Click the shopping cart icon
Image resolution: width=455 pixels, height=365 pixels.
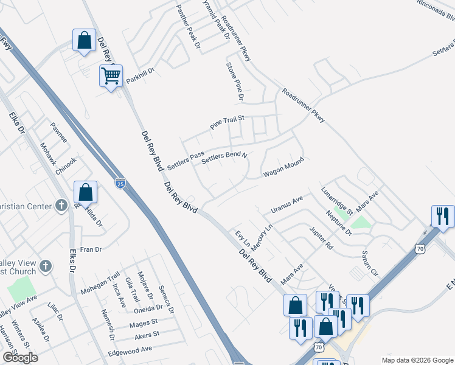(x=111, y=77)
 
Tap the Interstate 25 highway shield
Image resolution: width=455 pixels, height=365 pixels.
(x=120, y=182)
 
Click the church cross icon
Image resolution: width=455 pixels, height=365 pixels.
(x=61, y=206)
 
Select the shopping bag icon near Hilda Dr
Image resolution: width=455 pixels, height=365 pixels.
(x=86, y=192)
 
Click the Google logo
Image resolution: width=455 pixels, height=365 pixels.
(x=20, y=358)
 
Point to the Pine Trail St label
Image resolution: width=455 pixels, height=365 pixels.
(x=227, y=122)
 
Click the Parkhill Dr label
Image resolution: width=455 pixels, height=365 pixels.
(x=141, y=76)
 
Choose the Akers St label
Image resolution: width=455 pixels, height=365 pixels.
(x=147, y=335)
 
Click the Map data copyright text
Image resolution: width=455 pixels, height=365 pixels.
(x=417, y=359)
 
